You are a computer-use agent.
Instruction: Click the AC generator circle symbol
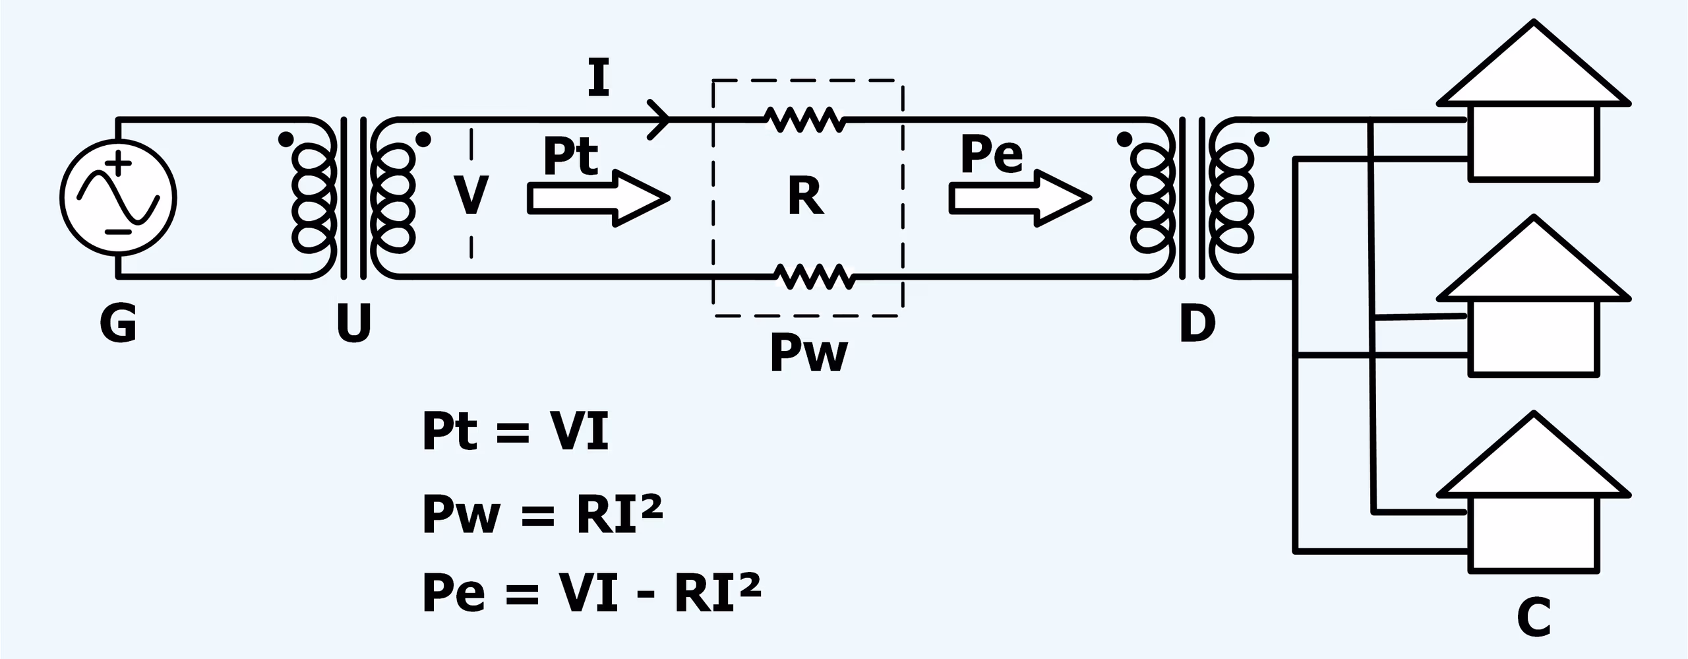(118, 198)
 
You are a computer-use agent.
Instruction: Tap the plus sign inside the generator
(119, 162)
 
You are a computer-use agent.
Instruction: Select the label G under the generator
(118, 324)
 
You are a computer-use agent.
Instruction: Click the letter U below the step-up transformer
(354, 323)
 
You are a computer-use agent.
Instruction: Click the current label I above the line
(598, 78)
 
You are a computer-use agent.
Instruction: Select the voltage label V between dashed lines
(471, 196)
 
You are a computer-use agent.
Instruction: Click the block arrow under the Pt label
(597, 198)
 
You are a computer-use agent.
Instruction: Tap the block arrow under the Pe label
(1019, 198)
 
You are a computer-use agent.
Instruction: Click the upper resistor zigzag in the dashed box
(805, 119)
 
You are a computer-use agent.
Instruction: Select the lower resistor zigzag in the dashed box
(814, 277)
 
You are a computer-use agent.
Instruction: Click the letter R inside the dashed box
(805, 197)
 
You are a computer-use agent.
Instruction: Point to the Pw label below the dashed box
(808, 354)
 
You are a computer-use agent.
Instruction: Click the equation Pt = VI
(515, 431)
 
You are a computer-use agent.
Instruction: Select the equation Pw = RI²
(542, 514)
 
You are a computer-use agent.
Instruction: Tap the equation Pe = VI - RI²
(591, 592)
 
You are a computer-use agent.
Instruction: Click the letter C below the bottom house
(1533, 617)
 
